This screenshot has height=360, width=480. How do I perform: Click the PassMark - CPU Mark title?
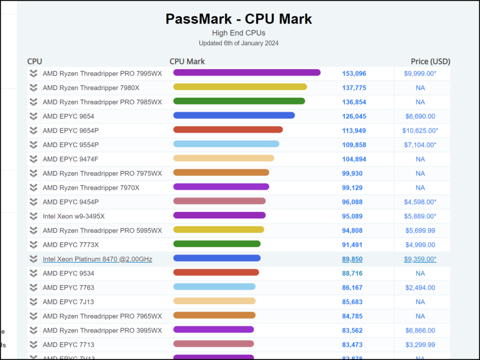239,19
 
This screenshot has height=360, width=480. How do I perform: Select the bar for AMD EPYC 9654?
234,116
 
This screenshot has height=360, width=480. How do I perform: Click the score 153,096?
354,73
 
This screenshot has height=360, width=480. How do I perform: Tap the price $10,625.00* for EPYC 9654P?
420,130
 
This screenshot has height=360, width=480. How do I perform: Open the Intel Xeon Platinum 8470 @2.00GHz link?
97,259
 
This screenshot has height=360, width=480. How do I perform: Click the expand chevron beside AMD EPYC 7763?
34,287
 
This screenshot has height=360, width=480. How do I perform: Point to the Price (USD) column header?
430,61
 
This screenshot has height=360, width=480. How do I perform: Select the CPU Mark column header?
187,61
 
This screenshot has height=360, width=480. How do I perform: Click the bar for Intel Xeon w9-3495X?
219,215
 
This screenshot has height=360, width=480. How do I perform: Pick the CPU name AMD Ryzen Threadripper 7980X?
91,88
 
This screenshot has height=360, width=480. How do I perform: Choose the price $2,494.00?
420,287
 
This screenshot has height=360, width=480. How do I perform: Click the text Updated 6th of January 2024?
239,43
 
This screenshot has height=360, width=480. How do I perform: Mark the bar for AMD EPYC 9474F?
224,158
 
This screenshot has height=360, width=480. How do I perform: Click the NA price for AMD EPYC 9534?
420,274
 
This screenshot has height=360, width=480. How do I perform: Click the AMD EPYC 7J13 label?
68,302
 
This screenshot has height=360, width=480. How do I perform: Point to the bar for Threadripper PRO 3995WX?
214,329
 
